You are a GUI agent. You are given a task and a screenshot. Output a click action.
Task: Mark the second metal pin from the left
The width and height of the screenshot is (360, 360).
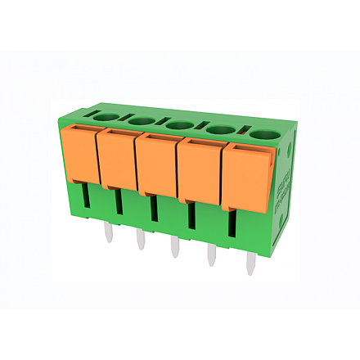[x=140, y=240]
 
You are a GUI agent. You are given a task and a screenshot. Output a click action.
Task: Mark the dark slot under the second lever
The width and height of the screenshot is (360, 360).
[x=118, y=201]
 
